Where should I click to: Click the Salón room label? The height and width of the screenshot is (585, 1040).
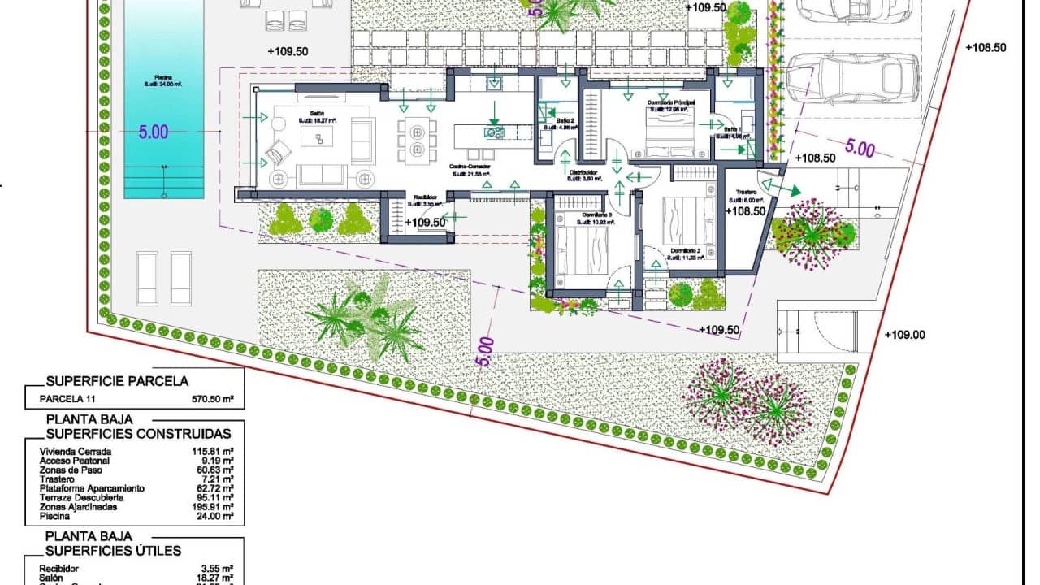point(317,114)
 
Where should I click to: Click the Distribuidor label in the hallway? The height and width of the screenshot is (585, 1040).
point(583,173)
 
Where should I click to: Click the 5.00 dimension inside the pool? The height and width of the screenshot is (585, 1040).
point(153,132)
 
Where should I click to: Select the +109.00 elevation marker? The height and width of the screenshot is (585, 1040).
point(904,334)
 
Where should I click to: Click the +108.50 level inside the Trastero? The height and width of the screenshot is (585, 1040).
point(746,210)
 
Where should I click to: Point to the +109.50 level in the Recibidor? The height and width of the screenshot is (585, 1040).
point(426,222)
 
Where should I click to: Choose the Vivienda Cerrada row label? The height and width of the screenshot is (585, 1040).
point(76,451)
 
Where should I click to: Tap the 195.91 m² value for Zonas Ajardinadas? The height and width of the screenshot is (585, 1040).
point(213,506)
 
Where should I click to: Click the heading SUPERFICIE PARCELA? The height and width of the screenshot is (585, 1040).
point(117,380)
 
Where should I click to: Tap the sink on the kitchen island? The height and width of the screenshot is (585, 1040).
point(493,131)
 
